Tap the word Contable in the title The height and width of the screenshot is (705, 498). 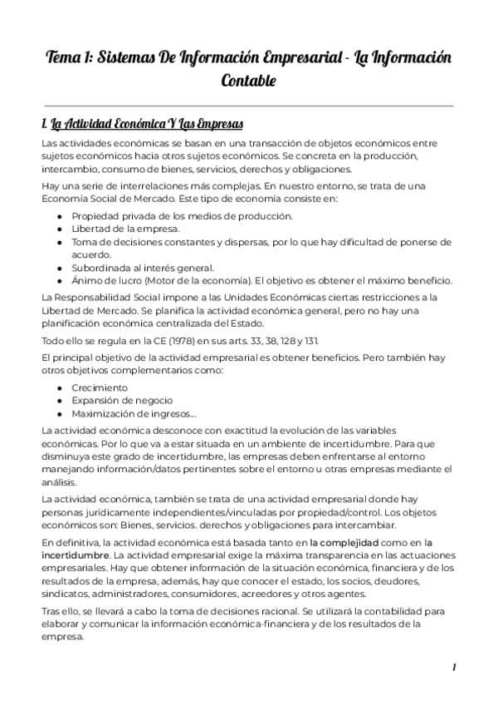248,81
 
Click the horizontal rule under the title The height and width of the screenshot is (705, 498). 248,106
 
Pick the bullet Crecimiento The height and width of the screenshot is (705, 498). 100,388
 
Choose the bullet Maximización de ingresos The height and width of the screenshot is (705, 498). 133,413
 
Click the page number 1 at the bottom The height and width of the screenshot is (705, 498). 454,668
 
